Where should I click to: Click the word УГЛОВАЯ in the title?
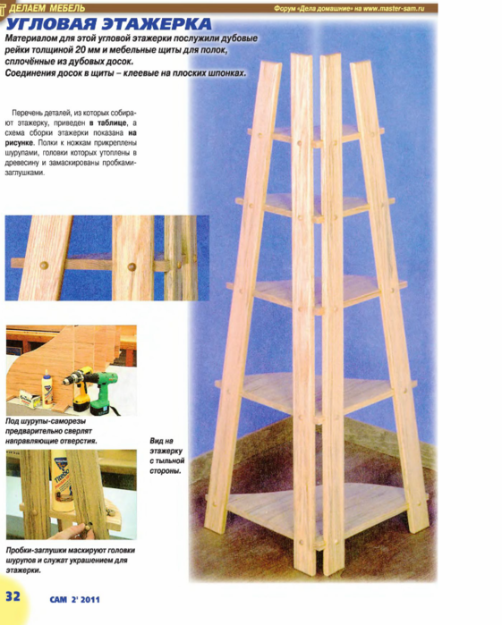point(52,24)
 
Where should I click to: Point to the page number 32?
point(13,595)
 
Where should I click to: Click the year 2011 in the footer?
point(90,599)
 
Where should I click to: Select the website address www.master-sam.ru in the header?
point(394,8)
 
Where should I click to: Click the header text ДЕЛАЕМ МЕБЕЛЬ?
point(47,8)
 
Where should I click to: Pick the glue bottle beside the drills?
point(47,388)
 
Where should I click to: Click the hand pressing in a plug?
point(76,532)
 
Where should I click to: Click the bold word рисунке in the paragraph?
point(20,143)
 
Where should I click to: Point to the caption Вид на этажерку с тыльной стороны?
point(167,456)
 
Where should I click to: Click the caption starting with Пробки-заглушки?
point(71,560)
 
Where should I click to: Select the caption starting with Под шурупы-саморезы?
point(51,431)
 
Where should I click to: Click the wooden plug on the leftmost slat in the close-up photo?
point(44,266)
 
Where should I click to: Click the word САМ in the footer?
point(58,599)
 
